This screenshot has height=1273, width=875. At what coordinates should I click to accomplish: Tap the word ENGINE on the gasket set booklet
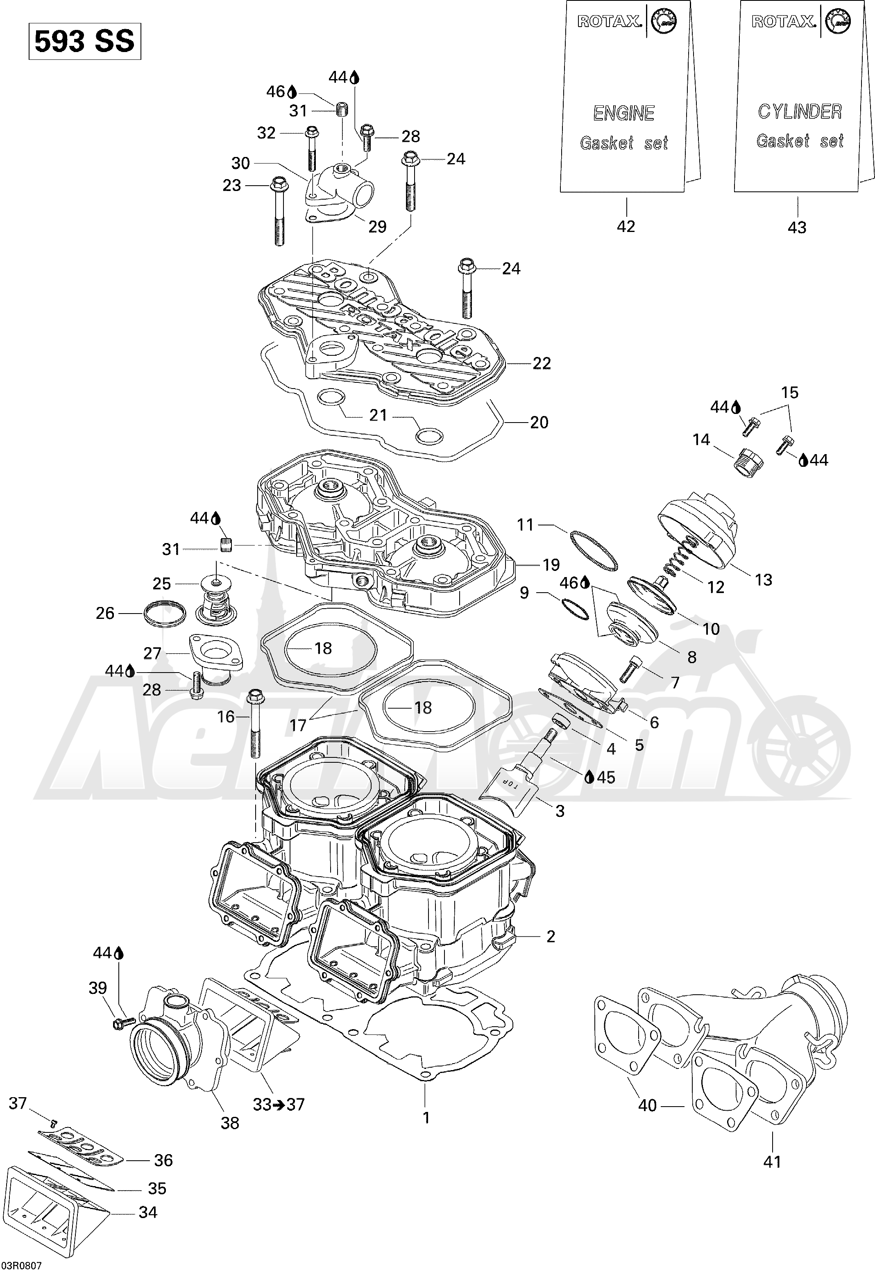coord(623,113)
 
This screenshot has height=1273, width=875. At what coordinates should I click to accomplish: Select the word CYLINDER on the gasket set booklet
coord(799,111)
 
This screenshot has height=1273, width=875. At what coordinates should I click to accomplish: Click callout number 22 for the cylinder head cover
coord(542,363)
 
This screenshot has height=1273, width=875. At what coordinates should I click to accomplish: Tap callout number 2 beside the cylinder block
coord(551,936)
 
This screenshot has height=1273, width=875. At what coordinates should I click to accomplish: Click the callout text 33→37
coord(278,1104)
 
